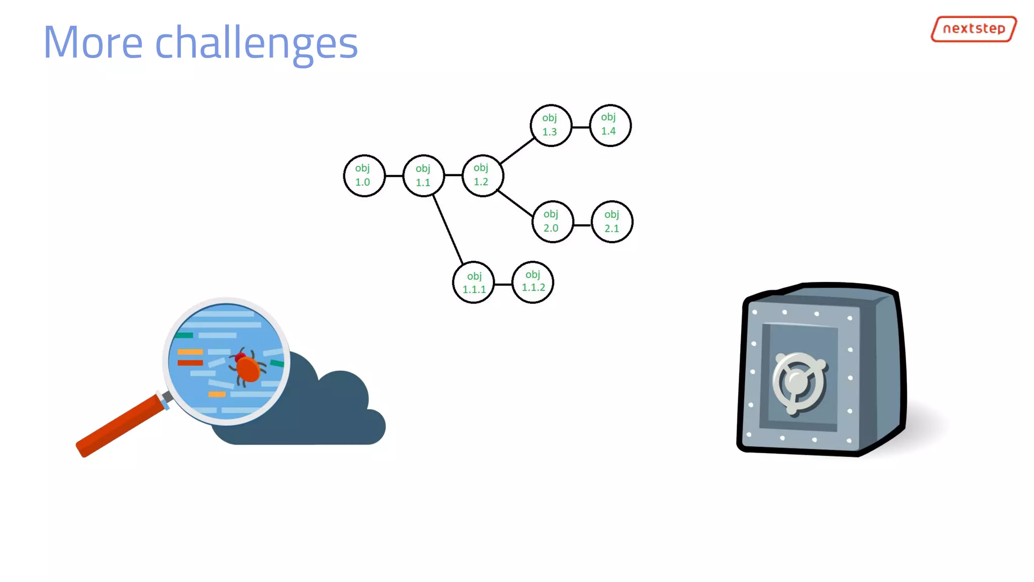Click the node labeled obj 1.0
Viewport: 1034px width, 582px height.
pyautogui.click(x=364, y=175)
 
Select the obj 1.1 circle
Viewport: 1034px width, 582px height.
pyautogui.click(x=424, y=175)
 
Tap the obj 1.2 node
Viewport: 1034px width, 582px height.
pyautogui.click(x=482, y=175)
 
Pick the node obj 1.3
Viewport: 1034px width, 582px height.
pyautogui.click(x=551, y=125)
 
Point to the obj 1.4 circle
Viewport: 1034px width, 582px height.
pyautogui.click(x=610, y=125)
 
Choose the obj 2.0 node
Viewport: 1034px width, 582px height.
pyautogui.click(x=552, y=222)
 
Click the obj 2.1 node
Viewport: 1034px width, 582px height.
pyautogui.click(x=612, y=222)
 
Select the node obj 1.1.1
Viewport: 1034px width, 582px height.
pyautogui.click(x=474, y=282)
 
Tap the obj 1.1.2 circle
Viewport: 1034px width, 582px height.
pyautogui.click(x=533, y=282)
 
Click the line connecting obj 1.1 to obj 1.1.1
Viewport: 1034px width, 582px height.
pyautogui.click(x=447, y=228)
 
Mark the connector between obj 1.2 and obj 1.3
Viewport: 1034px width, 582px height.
pyautogui.click(x=516, y=151)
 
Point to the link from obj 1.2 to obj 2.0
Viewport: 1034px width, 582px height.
pyautogui.click(x=515, y=204)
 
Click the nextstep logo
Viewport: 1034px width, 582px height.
pyautogui.click(x=973, y=29)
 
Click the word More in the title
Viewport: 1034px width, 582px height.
pyautogui.click(x=93, y=42)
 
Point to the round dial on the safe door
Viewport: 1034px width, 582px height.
pyautogui.click(x=798, y=382)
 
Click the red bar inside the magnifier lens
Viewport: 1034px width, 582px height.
pyautogui.click(x=190, y=363)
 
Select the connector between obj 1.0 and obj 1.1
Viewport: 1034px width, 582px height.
pyautogui.click(x=394, y=175)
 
